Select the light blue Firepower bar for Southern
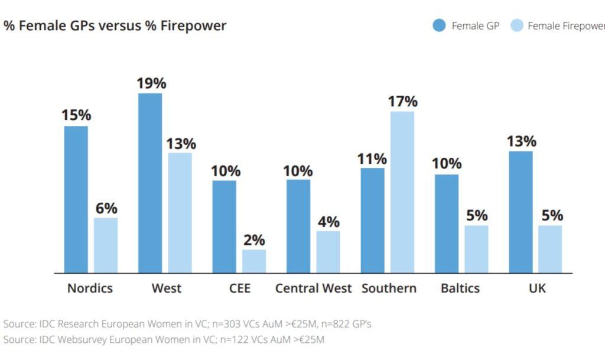point(402,192)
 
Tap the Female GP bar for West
point(150,183)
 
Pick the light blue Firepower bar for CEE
point(253,261)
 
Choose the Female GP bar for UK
point(521,212)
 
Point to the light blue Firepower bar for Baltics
point(476,249)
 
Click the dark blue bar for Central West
point(298,226)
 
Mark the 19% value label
point(151,83)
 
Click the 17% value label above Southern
point(402,102)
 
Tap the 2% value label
point(254,241)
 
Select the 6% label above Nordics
point(106,209)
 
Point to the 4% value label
point(328,222)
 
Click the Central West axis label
point(313,288)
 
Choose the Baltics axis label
point(460,288)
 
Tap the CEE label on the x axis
point(239,288)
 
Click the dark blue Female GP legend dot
point(439,25)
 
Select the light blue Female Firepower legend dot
point(516,25)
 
